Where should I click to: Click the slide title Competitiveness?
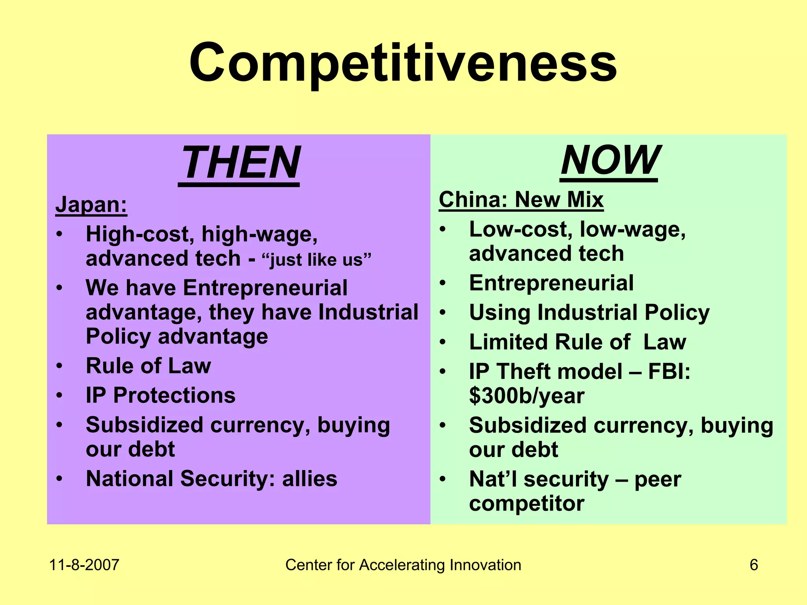(x=403, y=63)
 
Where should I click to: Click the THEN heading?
(x=240, y=163)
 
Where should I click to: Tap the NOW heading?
(x=609, y=160)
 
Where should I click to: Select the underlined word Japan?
(x=91, y=205)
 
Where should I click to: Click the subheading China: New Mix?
(x=521, y=200)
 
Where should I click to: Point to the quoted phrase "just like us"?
(x=316, y=260)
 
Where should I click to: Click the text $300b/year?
(x=526, y=396)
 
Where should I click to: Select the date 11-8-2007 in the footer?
(x=84, y=565)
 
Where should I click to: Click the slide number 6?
(x=753, y=565)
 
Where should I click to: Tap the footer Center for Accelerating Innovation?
(x=403, y=565)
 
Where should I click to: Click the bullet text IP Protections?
(x=160, y=395)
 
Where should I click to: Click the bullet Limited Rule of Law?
(x=577, y=342)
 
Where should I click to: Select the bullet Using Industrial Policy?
(x=589, y=312)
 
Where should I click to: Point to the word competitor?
(x=526, y=503)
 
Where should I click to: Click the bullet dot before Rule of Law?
(x=59, y=366)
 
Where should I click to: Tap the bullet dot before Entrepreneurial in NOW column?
(x=443, y=283)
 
